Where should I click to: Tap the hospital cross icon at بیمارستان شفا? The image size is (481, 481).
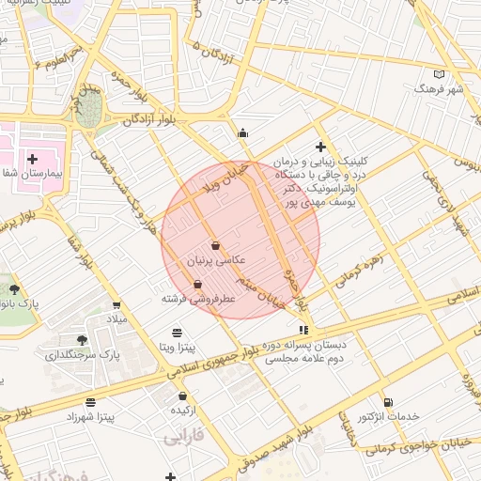click(x=32, y=160)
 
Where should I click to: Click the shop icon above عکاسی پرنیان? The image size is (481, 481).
click(x=216, y=245)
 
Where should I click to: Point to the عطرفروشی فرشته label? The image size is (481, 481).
click(x=197, y=298)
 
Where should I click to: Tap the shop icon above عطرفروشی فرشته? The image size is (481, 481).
click(x=197, y=285)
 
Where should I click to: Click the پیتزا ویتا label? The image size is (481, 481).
click(x=177, y=347)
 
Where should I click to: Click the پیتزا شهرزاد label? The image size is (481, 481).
click(x=91, y=415)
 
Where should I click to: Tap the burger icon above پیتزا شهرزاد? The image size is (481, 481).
click(x=91, y=402)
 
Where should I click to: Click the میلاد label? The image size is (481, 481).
click(x=116, y=319)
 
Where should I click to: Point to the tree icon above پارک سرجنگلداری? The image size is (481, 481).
click(x=82, y=340)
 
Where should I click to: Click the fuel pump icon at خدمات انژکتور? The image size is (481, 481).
click(x=388, y=403)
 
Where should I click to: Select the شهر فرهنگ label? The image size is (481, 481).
click(x=438, y=88)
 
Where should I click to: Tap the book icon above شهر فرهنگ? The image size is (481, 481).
click(x=438, y=74)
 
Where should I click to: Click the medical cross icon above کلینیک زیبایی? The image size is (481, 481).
click(x=320, y=147)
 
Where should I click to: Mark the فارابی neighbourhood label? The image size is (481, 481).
click(x=183, y=438)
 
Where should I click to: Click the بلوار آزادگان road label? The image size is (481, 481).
click(x=148, y=120)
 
